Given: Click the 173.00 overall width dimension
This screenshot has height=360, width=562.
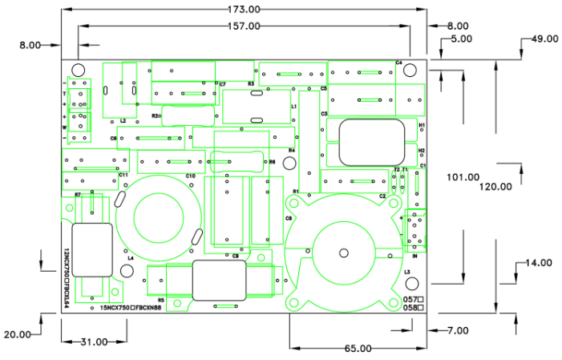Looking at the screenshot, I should (244, 9).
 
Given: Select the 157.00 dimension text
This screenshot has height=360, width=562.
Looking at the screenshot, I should (244, 26).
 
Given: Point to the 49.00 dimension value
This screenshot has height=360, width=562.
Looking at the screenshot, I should (544, 38).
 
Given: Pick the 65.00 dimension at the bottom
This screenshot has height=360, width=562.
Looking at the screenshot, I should (358, 348).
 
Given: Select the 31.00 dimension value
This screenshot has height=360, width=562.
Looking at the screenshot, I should (93, 342).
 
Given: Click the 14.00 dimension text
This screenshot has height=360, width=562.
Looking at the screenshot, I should (539, 263).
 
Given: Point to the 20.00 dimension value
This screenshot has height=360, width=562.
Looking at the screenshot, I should (17, 334).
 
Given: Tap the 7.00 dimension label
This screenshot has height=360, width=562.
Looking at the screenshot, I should (458, 330).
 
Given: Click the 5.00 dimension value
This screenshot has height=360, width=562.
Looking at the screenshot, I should (462, 38).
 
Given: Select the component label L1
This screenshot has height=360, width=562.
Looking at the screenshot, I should (294, 106).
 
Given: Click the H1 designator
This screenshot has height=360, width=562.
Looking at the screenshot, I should (422, 125).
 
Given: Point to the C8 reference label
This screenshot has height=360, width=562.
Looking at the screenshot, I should (289, 218).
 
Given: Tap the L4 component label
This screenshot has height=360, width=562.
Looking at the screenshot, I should (131, 258).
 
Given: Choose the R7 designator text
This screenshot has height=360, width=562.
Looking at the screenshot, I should (78, 195).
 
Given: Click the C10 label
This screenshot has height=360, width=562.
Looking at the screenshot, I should (190, 176).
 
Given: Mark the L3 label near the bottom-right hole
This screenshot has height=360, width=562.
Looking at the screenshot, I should (407, 273).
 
